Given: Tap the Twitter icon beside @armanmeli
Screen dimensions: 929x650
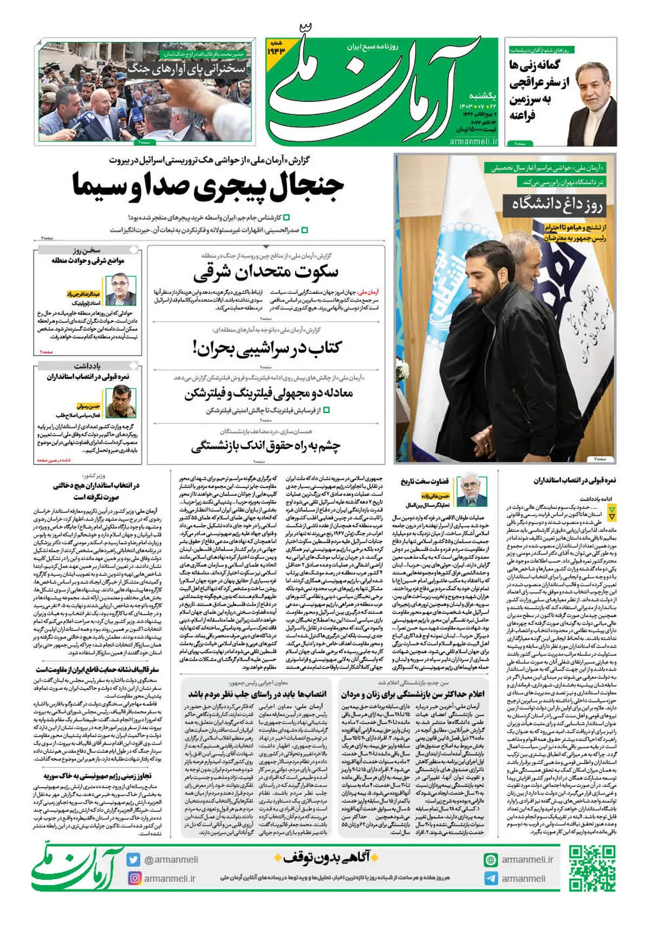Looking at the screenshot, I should point(133,860).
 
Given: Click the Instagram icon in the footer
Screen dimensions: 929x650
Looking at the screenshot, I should point(134,878).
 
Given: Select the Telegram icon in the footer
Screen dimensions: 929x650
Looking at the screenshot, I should point(491,879).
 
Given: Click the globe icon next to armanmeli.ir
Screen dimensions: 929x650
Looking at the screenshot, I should point(491,860).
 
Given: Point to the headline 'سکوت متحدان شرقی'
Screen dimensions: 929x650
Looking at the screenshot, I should point(265,272).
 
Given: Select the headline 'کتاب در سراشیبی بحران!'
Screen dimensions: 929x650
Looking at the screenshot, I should point(266,347).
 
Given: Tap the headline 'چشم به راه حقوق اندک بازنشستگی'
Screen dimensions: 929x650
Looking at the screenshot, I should point(265,447).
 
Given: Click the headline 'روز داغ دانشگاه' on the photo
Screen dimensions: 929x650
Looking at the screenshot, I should point(557,204).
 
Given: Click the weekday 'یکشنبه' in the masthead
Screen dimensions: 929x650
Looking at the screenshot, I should point(482,95).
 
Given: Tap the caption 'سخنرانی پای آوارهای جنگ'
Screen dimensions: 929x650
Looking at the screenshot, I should point(187,69).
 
